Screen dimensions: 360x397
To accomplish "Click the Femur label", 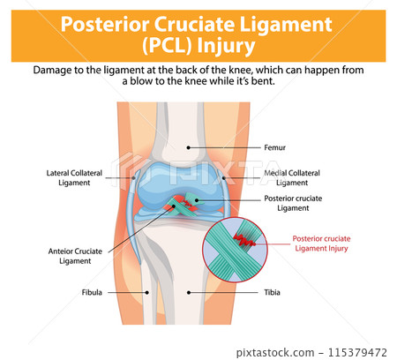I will click(x=274, y=148).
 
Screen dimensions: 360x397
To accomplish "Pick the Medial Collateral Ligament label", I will click(x=292, y=177).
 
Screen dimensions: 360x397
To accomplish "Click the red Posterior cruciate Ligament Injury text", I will click(x=326, y=243).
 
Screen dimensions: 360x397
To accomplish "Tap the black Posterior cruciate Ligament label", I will click(x=293, y=203).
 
